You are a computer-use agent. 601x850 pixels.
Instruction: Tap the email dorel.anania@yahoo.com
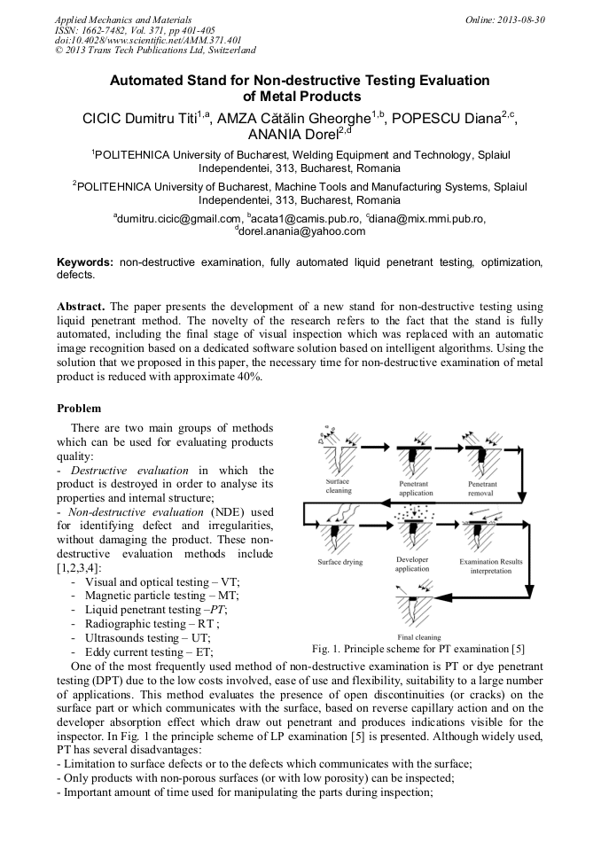(300, 231)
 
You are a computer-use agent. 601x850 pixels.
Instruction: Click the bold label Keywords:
(85, 263)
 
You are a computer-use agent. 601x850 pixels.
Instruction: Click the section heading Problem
(79, 409)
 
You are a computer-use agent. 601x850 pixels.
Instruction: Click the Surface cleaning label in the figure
(339, 486)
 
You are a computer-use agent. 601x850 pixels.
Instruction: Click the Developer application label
(411, 564)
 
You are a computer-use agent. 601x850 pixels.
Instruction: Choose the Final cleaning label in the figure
(418, 636)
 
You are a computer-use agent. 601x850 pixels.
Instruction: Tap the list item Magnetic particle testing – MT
(162, 596)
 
